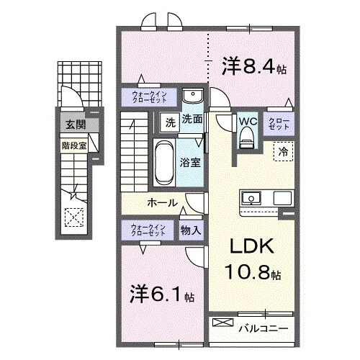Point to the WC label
[248, 120]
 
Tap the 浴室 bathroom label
[190, 162]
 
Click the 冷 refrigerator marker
[283, 152]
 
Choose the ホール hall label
[163, 202]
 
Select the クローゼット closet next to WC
[279, 123]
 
